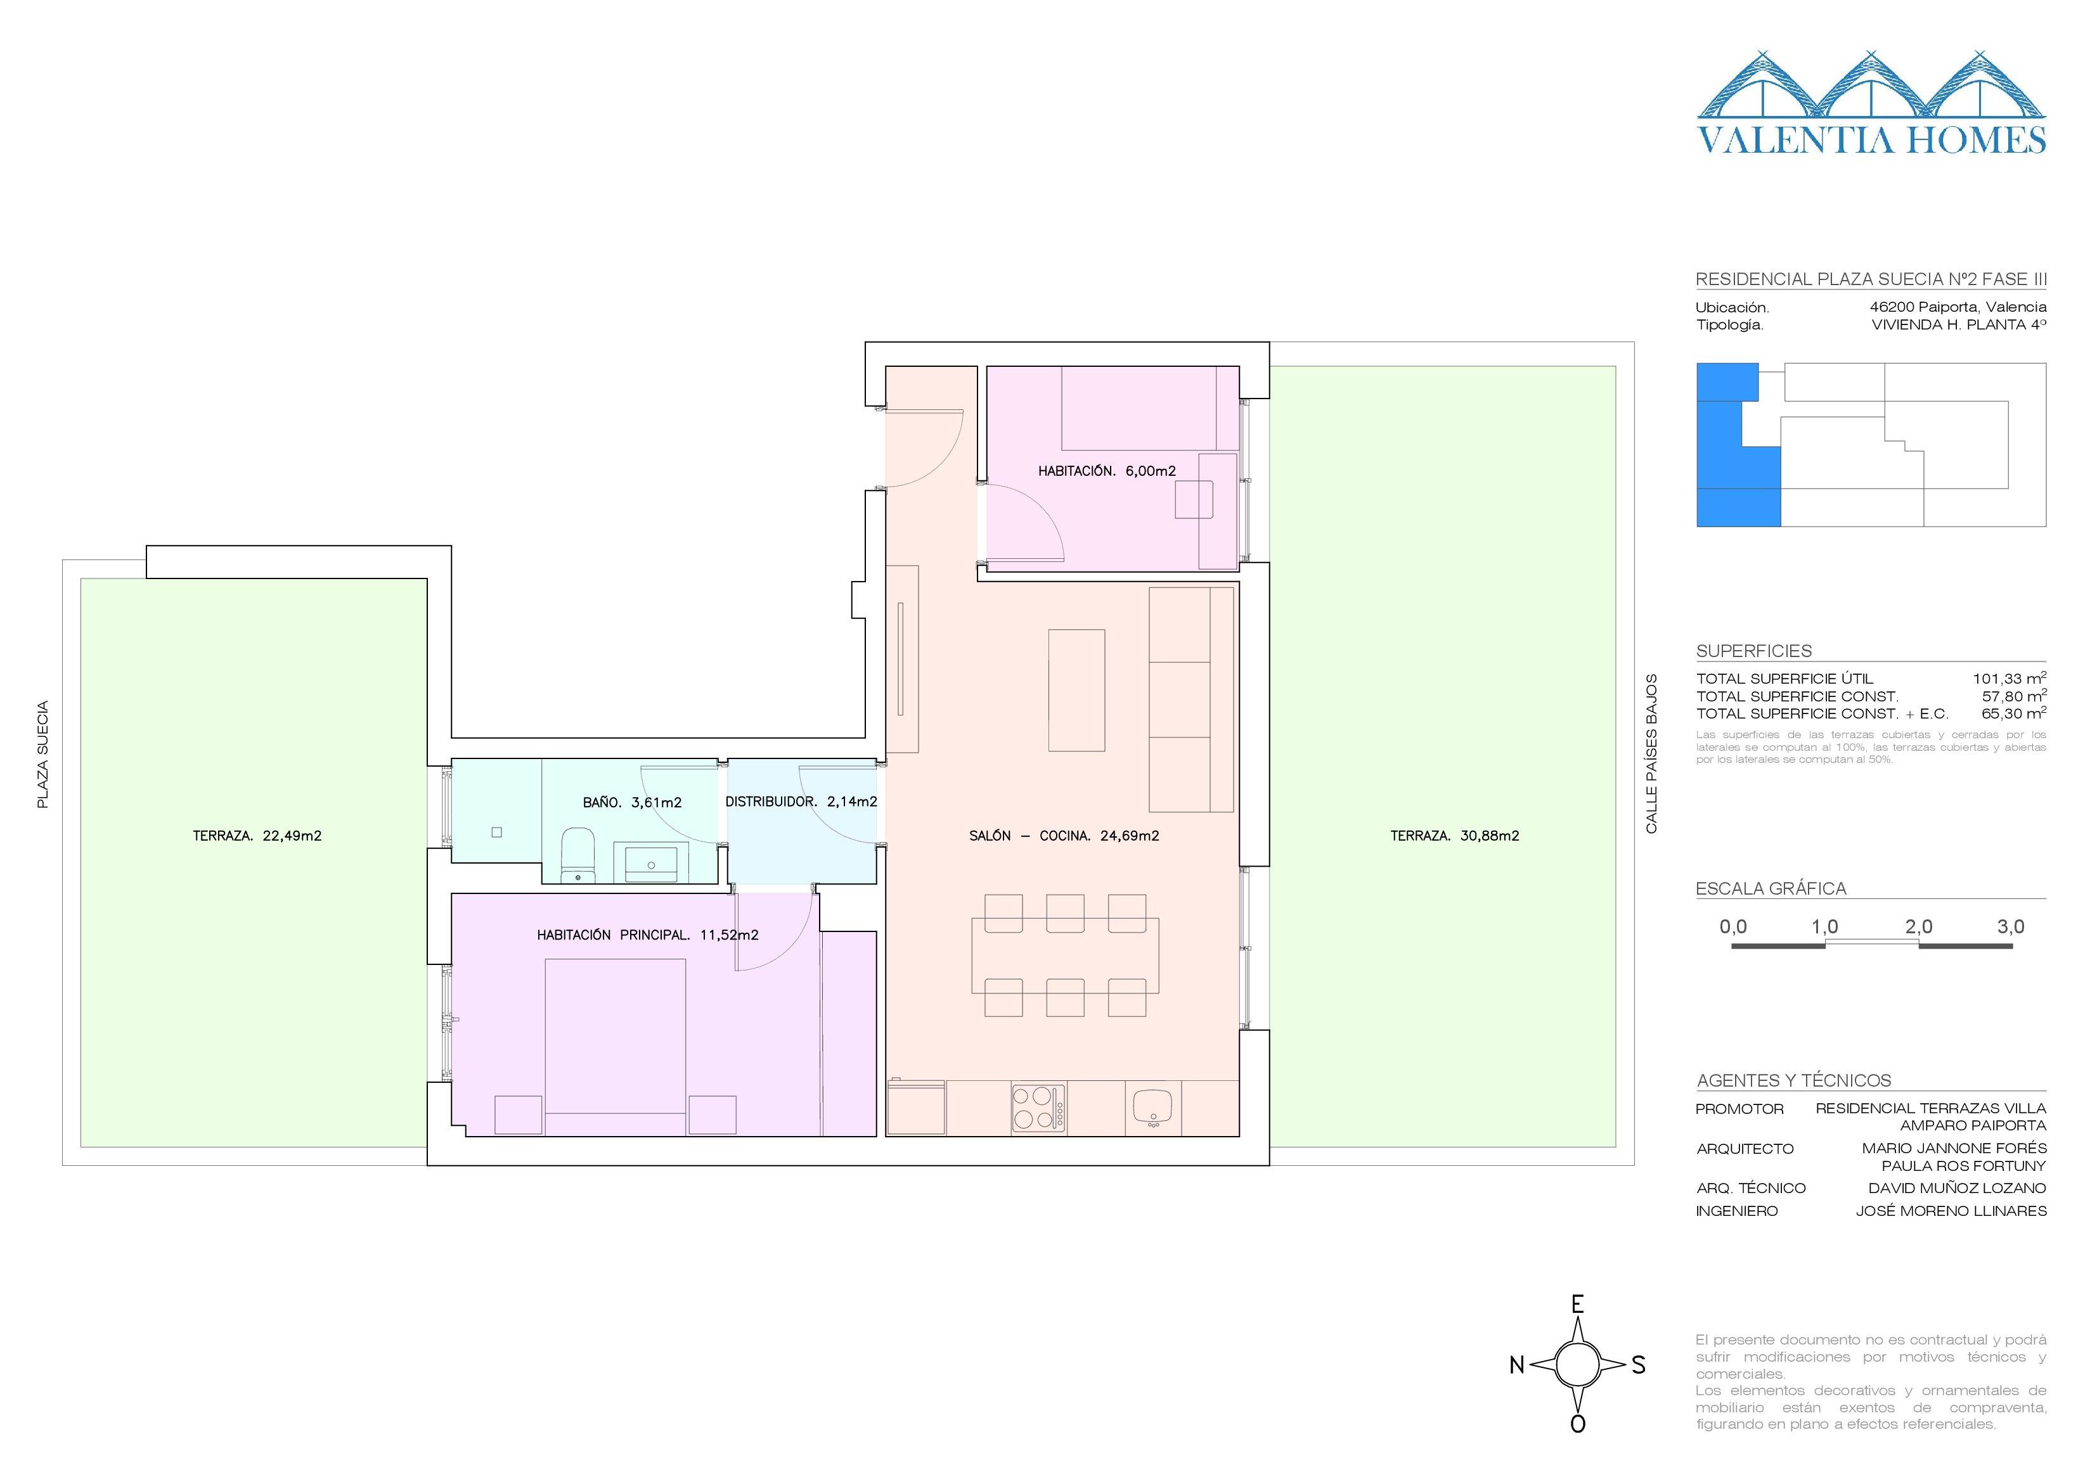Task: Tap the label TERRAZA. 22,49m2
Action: click(x=257, y=836)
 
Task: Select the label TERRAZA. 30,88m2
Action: click(x=1455, y=836)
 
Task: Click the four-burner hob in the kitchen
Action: click(x=1038, y=1109)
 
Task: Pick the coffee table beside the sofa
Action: click(x=1077, y=689)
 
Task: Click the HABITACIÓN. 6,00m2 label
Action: click(x=1107, y=471)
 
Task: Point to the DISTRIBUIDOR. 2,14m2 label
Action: click(x=801, y=802)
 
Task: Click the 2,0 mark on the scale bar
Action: click(x=1918, y=927)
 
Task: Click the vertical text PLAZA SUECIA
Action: click(x=42, y=754)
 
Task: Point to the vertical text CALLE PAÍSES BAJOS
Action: click(x=1651, y=753)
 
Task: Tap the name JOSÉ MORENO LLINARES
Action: click(x=1951, y=1211)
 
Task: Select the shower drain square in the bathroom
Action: click(x=497, y=833)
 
